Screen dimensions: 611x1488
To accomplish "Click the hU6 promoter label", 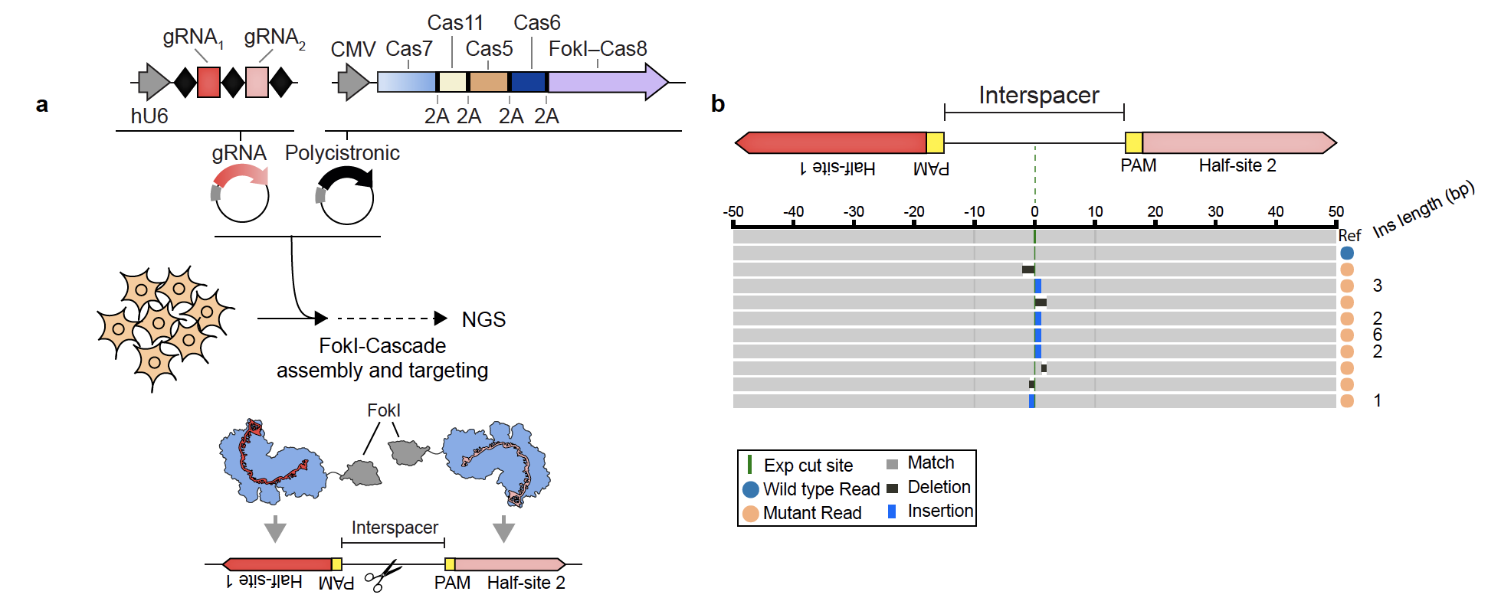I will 149,116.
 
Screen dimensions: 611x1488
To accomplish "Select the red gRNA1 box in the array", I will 208,82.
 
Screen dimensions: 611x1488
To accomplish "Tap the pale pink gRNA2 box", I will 257,82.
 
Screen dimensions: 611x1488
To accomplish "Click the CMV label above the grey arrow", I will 352,50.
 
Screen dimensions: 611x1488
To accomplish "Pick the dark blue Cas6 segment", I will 528,82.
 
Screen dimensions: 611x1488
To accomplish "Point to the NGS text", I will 483,319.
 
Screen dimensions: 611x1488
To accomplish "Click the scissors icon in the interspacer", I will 382,577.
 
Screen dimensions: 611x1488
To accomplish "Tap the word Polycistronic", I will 343,153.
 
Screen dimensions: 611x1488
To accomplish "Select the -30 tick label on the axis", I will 853,211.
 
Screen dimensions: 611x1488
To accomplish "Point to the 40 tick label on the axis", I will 1276,211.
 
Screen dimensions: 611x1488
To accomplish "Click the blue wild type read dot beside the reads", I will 1347,253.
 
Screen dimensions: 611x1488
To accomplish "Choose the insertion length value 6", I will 1378,335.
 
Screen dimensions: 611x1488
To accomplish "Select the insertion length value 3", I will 1378,286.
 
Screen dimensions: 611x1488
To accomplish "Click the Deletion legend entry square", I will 892,488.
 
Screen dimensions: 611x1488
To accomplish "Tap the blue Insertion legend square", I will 892,511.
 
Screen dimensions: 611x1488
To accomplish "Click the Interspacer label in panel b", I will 1038,95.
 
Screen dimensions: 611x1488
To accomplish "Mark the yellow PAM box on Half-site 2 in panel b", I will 1133,142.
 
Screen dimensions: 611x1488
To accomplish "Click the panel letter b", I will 718,103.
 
